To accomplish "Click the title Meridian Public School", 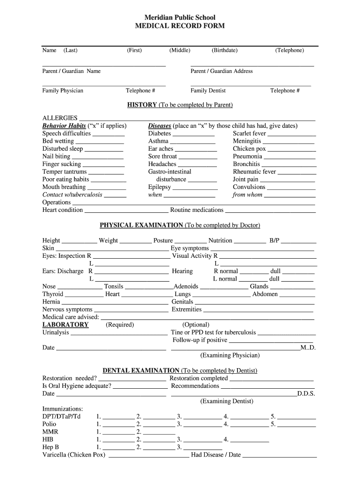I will tap(180, 17).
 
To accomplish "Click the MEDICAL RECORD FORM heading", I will tap(180, 26).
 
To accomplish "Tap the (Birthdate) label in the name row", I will tap(224, 50).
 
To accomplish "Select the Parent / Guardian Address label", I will tap(221, 71).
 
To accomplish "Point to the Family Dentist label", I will tap(208, 91).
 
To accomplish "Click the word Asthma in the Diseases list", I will tap(158, 141).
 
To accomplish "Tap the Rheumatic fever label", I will tap(254, 172).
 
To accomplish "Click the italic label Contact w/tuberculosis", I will tap(72, 195).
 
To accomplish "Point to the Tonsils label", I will tap(114, 287).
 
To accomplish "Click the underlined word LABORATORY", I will tap(65, 325).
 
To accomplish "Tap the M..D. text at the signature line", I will tap(308, 348).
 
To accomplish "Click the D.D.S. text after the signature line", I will tap(306, 394).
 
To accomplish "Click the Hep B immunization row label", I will tap(50, 447).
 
